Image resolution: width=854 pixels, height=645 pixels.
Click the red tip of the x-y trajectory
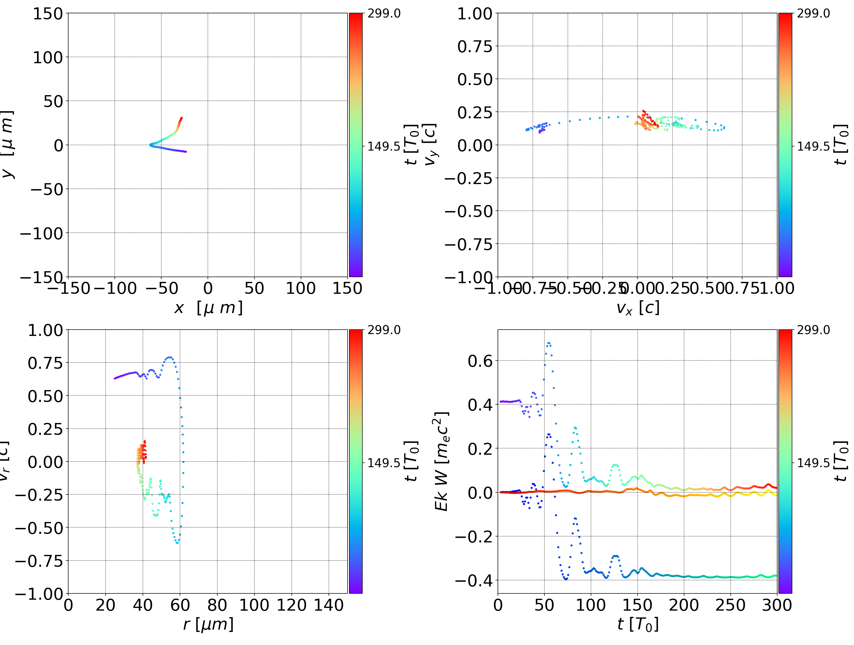(x=181, y=118)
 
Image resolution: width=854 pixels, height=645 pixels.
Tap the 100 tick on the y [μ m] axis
(x=47, y=58)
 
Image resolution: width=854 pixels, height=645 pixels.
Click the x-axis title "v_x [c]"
(x=638, y=308)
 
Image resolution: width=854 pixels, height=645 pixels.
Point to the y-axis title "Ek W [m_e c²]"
(x=442, y=461)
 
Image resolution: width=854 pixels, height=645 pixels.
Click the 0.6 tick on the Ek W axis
(x=480, y=361)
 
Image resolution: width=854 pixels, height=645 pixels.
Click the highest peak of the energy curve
(x=549, y=343)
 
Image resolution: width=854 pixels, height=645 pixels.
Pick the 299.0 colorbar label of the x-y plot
(x=384, y=14)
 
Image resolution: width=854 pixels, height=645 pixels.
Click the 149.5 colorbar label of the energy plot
(x=813, y=462)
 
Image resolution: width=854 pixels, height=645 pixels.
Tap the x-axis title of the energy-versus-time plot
(x=638, y=624)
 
